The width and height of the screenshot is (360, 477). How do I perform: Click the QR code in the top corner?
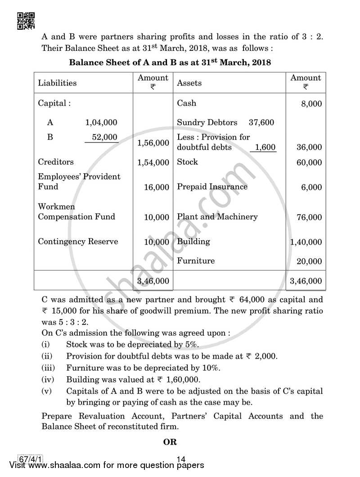(26, 20)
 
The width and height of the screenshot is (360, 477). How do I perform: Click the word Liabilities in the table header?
(57, 83)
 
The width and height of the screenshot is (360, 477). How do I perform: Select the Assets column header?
(189, 83)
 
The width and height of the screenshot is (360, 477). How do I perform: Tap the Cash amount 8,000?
(312, 103)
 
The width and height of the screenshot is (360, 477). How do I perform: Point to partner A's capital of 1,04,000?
(101, 122)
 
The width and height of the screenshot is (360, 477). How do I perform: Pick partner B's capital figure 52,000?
(104, 137)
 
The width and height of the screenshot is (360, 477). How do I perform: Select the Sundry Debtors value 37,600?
(261, 122)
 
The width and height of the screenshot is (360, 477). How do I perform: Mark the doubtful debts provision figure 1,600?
(265, 147)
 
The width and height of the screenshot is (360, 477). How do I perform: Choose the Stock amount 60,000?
(309, 162)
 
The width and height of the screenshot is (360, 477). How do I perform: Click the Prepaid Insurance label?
(212, 187)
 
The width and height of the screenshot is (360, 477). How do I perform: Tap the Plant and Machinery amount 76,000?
(309, 217)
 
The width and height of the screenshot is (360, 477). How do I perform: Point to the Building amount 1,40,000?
(306, 242)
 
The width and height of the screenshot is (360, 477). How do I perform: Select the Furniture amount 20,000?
(309, 261)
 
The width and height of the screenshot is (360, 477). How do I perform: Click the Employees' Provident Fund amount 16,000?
(156, 187)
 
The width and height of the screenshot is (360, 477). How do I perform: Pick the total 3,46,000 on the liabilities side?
(153, 281)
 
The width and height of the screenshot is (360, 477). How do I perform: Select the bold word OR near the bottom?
(170, 442)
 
